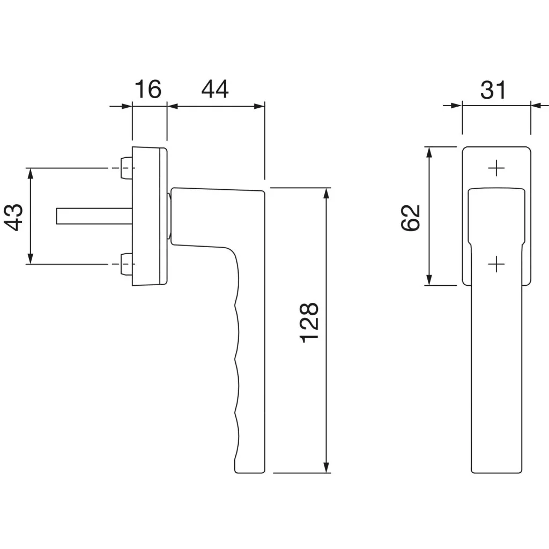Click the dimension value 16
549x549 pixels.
pos(148,89)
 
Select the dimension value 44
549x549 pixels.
pos(215,89)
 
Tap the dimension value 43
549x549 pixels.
pos(14,217)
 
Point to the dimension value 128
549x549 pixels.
pos(309,322)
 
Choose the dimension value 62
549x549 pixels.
pos(410,218)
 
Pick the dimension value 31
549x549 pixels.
pos(493,90)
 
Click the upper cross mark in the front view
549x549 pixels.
pos(496,169)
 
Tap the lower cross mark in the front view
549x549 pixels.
pos(496,264)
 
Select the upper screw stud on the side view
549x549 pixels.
pos(126,168)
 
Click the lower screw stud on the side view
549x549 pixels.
pos(126,264)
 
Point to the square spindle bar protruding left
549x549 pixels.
pos(94,216)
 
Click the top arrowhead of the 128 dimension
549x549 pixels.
pos(327,194)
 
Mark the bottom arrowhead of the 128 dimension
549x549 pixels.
pos(327,467)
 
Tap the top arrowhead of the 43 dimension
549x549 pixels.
pos(31,174)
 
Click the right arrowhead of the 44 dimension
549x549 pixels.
pos(259,106)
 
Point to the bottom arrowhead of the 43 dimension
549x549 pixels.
pos(31,258)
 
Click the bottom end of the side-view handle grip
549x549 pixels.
pos(249,473)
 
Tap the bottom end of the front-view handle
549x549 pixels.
pos(496,473)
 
